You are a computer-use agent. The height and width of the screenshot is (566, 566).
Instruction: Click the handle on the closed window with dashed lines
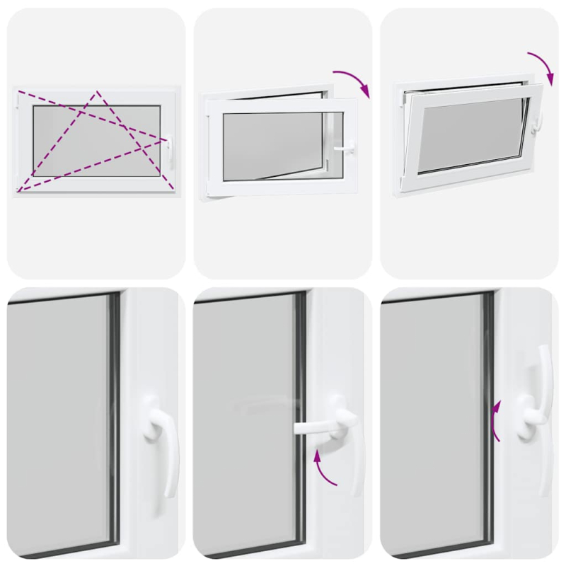[169, 151]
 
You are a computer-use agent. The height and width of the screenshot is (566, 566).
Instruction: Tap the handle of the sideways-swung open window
[346, 148]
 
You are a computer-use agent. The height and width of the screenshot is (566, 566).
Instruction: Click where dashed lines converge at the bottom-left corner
[20, 190]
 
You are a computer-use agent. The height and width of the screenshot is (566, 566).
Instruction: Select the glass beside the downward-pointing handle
[57, 424]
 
